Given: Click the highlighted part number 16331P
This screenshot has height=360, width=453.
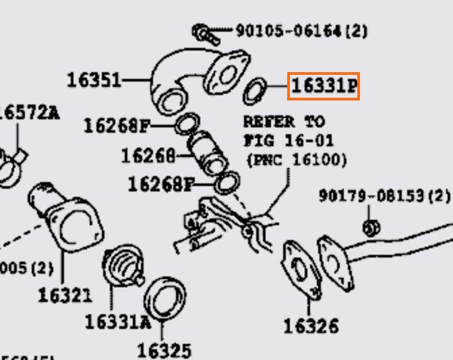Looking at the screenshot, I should [x=324, y=86].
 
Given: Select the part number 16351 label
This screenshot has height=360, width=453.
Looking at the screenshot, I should [x=94, y=80].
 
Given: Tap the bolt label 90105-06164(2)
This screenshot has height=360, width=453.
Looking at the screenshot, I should [x=301, y=30].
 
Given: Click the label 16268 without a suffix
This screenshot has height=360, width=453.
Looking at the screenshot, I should [x=148, y=156].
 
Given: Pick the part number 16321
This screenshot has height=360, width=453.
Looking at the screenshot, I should [x=64, y=295].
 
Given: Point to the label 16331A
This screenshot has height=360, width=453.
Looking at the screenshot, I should [x=117, y=322].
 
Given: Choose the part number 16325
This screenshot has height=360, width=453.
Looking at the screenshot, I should [x=164, y=350].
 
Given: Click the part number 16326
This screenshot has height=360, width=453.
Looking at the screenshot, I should [x=311, y=326].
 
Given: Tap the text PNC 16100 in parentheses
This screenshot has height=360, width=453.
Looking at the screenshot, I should [x=297, y=160].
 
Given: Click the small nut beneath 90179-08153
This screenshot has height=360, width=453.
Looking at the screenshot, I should [x=369, y=227].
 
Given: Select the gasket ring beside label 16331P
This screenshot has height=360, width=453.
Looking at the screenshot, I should [x=255, y=89].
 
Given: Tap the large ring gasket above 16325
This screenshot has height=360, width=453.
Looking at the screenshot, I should [x=165, y=297].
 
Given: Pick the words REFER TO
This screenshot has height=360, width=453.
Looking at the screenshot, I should [x=283, y=122].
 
